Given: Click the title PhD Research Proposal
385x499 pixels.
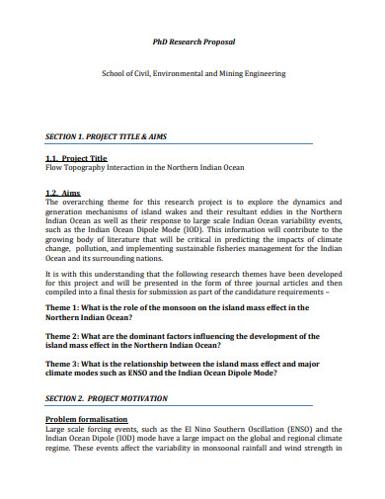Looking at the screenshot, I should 193,42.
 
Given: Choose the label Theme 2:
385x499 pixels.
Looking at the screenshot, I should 68,338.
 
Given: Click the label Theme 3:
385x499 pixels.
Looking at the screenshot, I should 68,364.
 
